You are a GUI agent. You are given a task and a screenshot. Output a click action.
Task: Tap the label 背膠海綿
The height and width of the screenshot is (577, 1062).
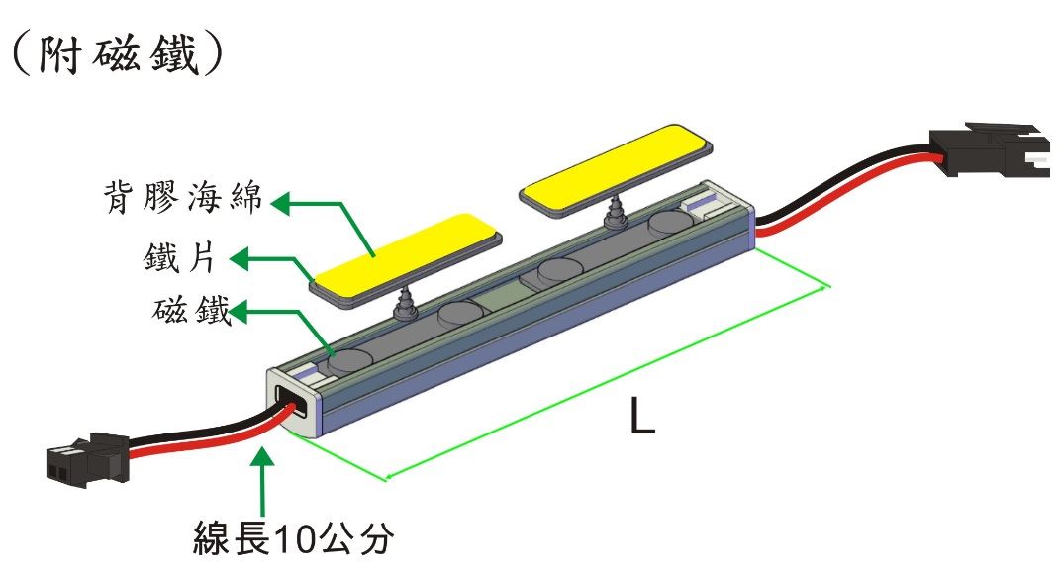tap(183, 197)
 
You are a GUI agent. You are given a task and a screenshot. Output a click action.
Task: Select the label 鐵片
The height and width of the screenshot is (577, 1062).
tap(179, 257)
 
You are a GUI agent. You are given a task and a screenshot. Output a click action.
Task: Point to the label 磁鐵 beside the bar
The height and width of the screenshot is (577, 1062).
tap(192, 310)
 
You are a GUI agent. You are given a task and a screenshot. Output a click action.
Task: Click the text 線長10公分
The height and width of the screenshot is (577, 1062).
tap(293, 538)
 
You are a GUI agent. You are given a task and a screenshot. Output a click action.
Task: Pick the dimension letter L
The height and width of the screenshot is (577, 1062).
tap(642, 415)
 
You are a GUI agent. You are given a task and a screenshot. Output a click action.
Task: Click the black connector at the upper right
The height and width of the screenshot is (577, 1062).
tap(990, 149)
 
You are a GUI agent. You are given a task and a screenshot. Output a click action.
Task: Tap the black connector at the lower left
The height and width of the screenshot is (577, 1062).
tap(87, 460)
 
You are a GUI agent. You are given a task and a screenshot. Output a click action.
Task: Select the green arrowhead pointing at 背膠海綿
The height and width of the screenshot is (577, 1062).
tap(280, 203)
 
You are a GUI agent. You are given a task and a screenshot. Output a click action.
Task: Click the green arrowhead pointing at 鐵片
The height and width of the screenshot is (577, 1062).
tap(240, 258)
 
